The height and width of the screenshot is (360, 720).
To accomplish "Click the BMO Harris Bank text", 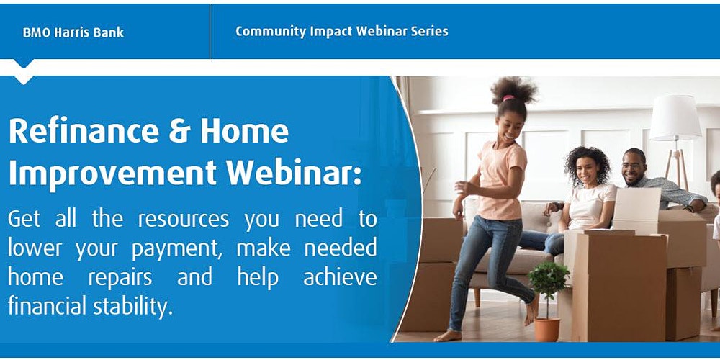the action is click(x=73, y=32).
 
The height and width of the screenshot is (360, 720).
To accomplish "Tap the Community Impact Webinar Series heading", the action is click(x=341, y=31).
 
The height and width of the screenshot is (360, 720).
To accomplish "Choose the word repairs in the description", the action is click(x=120, y=278).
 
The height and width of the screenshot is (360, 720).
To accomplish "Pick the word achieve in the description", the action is click(x=340, y=277).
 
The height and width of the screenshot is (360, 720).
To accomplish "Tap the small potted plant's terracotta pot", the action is click(x=547, y=330).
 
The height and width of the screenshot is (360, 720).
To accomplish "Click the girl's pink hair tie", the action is click(x=508, y=98).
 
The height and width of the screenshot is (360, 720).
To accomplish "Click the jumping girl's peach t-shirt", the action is click(x=502, y=181).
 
